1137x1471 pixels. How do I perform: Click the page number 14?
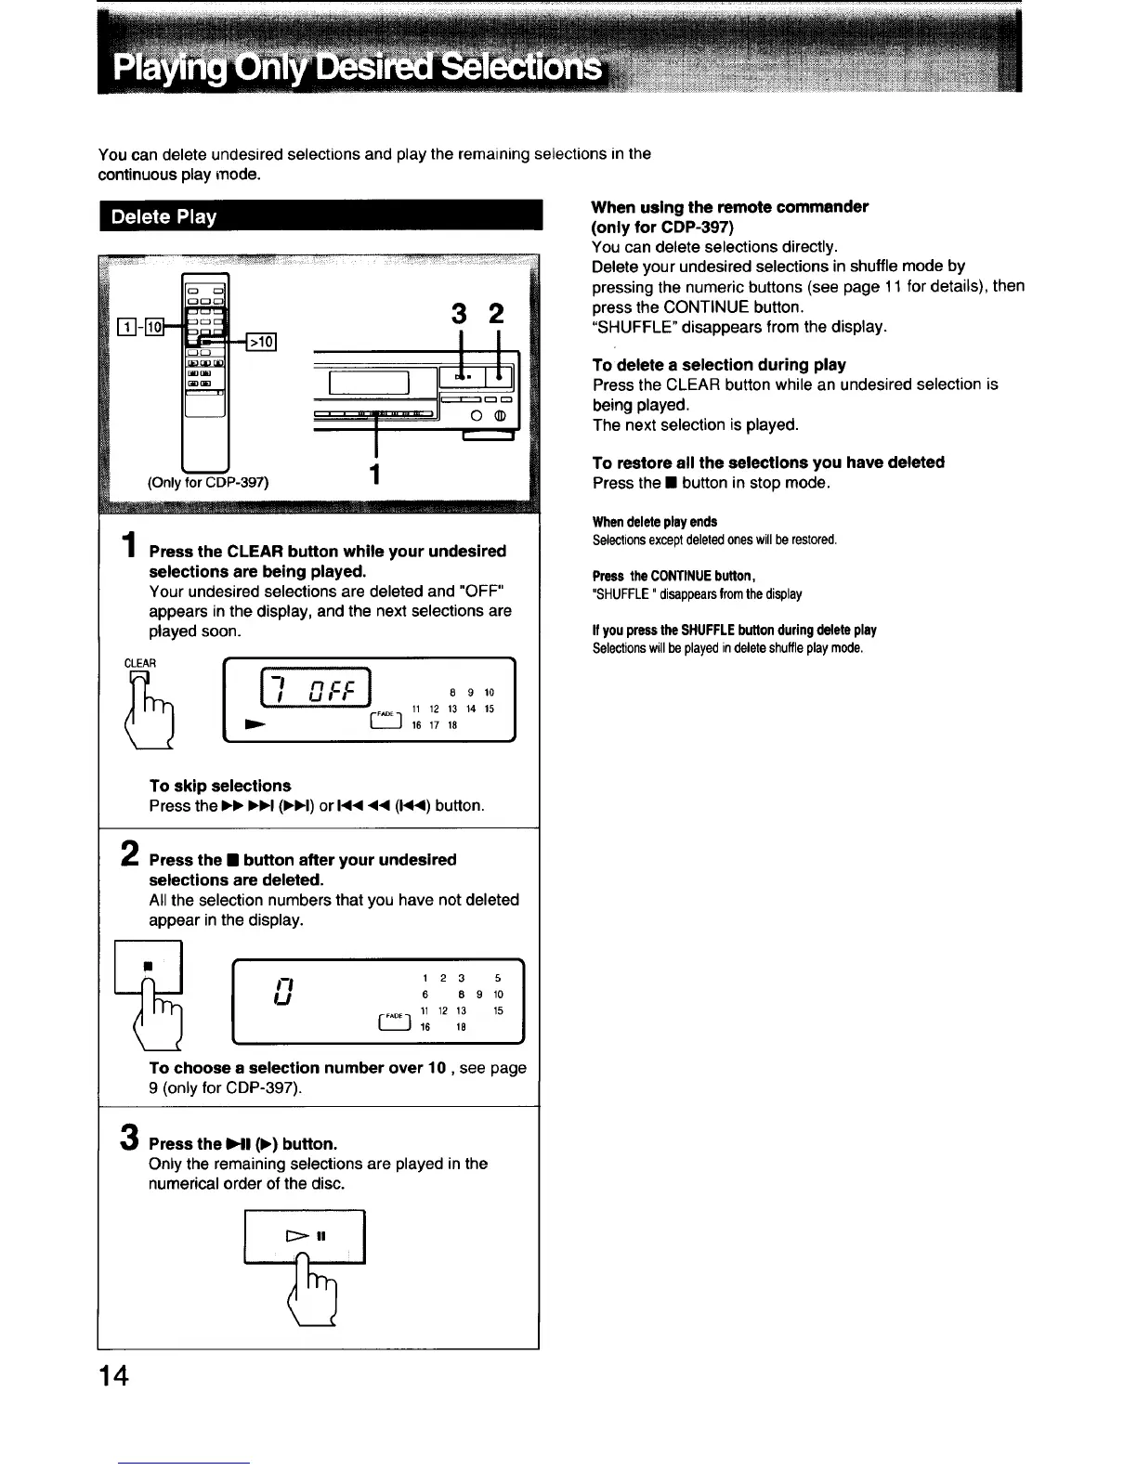[x=115, y=1375]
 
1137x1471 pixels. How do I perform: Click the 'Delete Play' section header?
[x=163, y=217]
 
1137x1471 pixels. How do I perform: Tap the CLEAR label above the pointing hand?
[x=140, y=663]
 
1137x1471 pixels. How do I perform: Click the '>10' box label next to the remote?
[x=263, y=343]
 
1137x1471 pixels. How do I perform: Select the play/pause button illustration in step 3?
[x=305, y=1237]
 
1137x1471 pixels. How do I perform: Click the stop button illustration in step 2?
[x=149, y=967]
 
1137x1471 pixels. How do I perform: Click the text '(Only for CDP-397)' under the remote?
[x=208, y=482]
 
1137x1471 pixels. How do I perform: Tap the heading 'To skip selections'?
[x=219, y=786]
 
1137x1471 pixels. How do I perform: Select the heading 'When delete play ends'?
[x=654, y=522]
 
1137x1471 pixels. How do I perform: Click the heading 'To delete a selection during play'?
[x=718, y=365]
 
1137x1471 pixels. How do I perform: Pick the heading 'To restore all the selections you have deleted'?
[x=767, y=462]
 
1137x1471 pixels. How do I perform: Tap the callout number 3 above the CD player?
[x=458, y=315]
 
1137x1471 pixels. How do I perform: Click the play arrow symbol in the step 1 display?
[x=253, y=721]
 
